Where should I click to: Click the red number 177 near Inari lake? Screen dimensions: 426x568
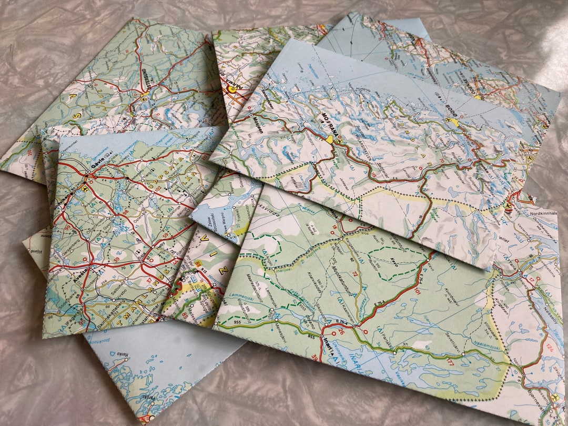pyautogui.click(x=450, y=362)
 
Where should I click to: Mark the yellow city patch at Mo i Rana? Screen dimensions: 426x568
pyautogui.click(x=330, y=139)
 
